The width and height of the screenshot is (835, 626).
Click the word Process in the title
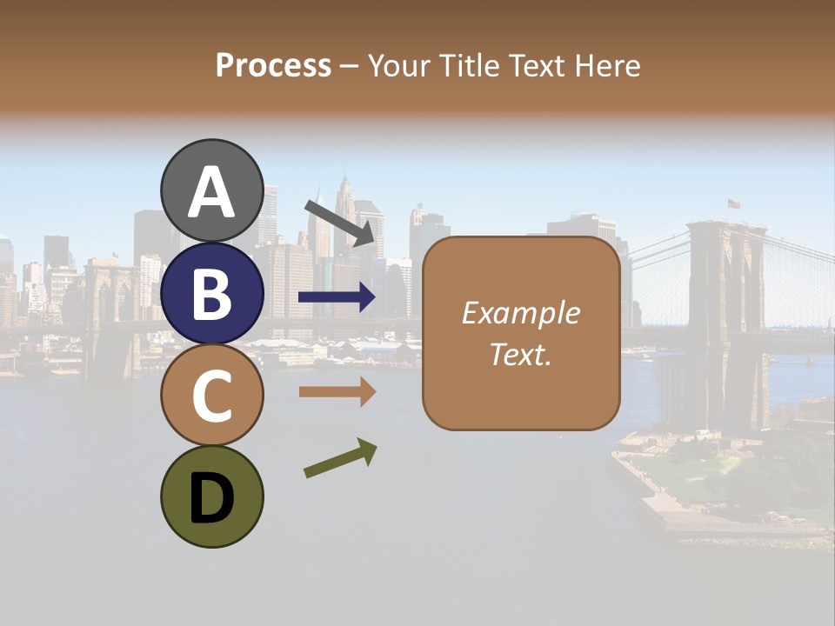pyautogui.click(x=273, y=66)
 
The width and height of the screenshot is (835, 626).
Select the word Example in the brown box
pyautogui.click(x=520, y=313)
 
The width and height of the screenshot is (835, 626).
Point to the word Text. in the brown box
pyautogui.click(x=520, y=354)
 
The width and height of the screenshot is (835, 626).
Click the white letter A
pyautogui.click(x=212, y=192)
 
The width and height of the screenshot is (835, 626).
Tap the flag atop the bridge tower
pyautogui.click(x=734, y=204)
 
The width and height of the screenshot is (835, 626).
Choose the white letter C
pyautogui.click(x=212, y=396)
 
